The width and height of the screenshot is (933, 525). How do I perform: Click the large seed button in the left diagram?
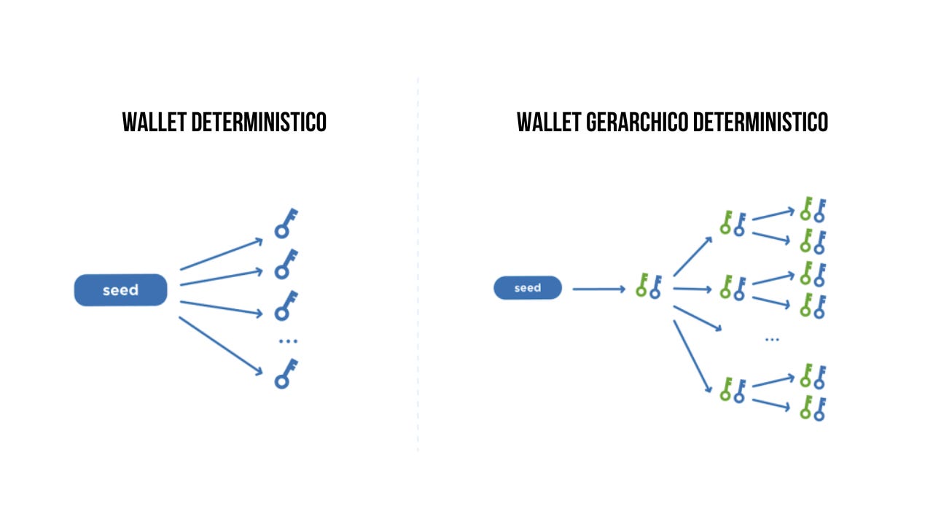pos(121,290)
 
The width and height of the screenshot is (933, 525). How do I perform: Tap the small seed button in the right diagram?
pos(528,288)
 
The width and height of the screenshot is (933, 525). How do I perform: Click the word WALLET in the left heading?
pos(154,122)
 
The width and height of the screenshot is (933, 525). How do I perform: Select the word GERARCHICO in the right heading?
pos(638,122)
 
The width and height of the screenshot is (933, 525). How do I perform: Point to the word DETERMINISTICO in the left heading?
pos(259,122)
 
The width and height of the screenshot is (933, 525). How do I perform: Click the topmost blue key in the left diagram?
pos(286,223)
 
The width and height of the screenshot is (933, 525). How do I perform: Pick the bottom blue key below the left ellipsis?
pos(286,373)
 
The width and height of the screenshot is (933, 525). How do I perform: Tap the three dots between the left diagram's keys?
pos(288,341)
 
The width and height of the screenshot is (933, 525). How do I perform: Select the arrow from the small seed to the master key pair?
pos(598,289)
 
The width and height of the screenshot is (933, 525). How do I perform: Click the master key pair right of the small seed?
pos(648,286)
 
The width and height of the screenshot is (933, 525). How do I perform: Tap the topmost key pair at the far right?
pos(812,209)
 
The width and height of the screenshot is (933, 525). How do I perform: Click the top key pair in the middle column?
pos(732,223)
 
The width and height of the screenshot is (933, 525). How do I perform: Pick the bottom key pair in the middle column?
pos(732,391)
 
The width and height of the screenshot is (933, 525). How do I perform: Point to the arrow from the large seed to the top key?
pos(221,254)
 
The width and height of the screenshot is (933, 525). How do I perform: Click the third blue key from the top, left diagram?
pos(286,306)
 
